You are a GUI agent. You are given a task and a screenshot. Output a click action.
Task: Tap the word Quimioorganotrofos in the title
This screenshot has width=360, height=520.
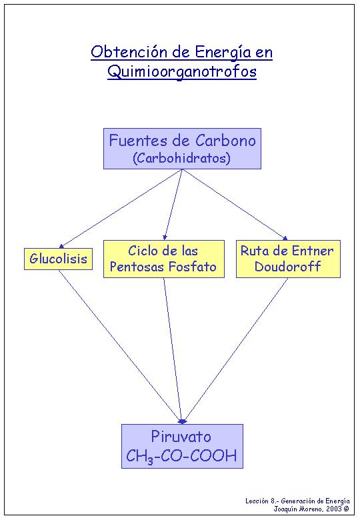(x=182, y=71)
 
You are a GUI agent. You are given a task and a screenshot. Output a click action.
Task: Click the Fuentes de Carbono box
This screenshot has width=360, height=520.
(x=182, y=149)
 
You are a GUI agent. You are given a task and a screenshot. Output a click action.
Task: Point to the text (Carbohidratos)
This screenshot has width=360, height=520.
(x=181, y=158)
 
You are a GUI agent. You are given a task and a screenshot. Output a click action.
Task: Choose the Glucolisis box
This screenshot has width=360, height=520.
(x=59, y=259)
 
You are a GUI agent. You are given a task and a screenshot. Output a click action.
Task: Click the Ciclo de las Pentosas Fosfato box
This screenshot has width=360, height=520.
(x=164, y=259)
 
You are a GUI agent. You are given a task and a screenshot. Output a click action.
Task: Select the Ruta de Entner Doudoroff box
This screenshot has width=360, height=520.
(x=288, y=259)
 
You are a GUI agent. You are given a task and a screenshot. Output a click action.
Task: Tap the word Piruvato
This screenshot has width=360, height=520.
(x=181, y=437)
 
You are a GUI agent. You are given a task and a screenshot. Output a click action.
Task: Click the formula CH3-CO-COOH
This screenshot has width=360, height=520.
(x=181, y=456)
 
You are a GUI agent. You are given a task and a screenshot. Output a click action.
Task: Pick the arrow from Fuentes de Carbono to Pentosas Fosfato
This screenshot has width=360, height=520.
(x=173, y=205)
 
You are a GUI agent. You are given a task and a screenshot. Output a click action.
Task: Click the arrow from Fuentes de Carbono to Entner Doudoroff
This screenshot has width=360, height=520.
(x=235, y=205)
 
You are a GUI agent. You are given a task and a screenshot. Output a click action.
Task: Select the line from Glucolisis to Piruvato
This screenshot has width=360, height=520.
(x=121, y=347)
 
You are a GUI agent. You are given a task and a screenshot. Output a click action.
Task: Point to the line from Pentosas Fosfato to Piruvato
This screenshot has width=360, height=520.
(x=173, y=351)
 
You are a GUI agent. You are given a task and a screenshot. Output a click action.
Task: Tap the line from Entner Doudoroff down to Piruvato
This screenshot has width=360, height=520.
(x=235, y=351)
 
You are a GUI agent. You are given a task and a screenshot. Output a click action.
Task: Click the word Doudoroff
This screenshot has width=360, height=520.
(x=287, y=266)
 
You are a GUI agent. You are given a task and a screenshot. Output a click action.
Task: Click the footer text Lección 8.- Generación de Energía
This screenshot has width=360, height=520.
(x=297, y=501)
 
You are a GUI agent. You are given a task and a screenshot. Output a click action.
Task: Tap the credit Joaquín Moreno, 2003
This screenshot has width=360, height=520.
(x=311, y=509)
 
